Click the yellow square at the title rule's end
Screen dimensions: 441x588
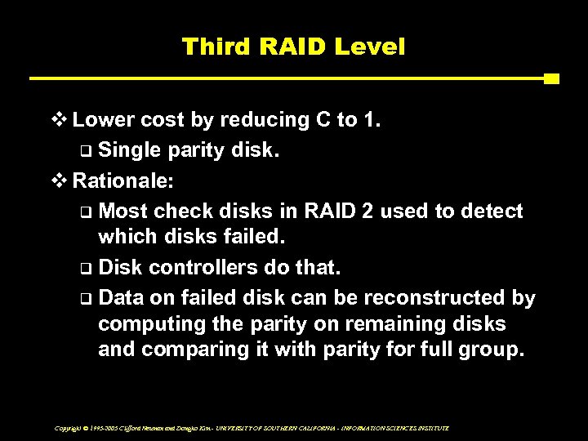tap(551, 79)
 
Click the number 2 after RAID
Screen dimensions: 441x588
tap(367, 211)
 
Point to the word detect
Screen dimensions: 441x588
tap(492, 211)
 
